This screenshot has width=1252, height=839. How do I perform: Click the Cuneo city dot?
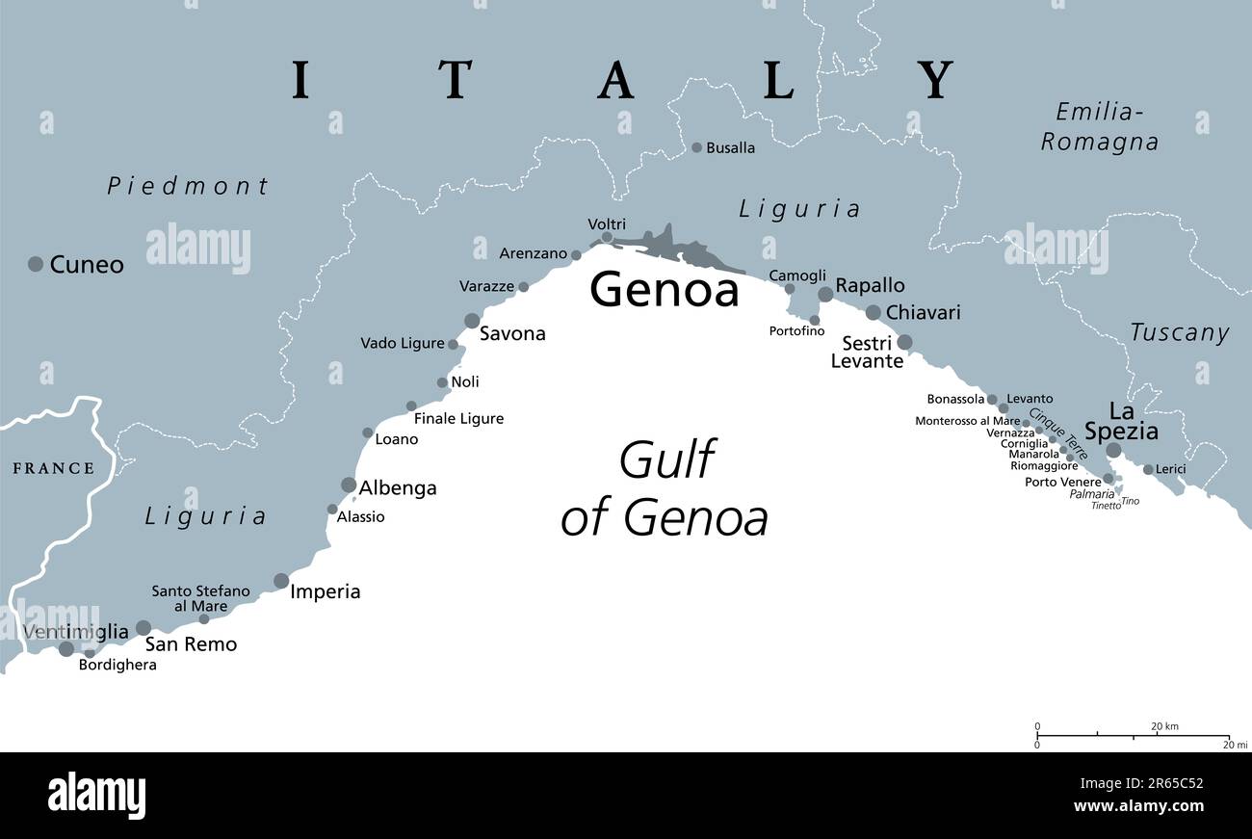click(36, 264)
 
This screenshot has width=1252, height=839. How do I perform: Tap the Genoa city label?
click(664, 289)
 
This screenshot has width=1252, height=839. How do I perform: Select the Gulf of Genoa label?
click(665, 488)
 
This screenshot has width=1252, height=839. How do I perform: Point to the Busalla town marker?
click(696, 147)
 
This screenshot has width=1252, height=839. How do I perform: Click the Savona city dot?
click(472, 321)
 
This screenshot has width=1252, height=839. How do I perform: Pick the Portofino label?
click(796, 331)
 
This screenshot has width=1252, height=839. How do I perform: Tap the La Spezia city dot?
click(1113, 450)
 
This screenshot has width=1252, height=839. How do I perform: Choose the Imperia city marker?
click(281, 581)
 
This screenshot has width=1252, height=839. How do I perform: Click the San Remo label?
click(191, 644)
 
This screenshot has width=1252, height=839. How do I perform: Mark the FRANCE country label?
click(53, 469)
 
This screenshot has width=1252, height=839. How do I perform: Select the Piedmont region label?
click(188, 186)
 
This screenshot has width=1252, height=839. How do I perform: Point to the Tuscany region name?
click(1179, 333)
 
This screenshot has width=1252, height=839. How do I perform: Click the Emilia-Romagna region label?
click(1099, 127)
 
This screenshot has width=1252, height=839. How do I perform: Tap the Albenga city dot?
click(349, 485)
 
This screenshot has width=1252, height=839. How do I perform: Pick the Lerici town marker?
click(1148, 470)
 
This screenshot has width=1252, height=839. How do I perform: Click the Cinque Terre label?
click(1057, 433)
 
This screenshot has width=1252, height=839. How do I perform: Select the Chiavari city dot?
click(873, 312)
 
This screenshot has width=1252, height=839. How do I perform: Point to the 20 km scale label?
click(1164, 726)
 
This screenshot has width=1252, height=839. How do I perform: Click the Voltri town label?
click(607, 224)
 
